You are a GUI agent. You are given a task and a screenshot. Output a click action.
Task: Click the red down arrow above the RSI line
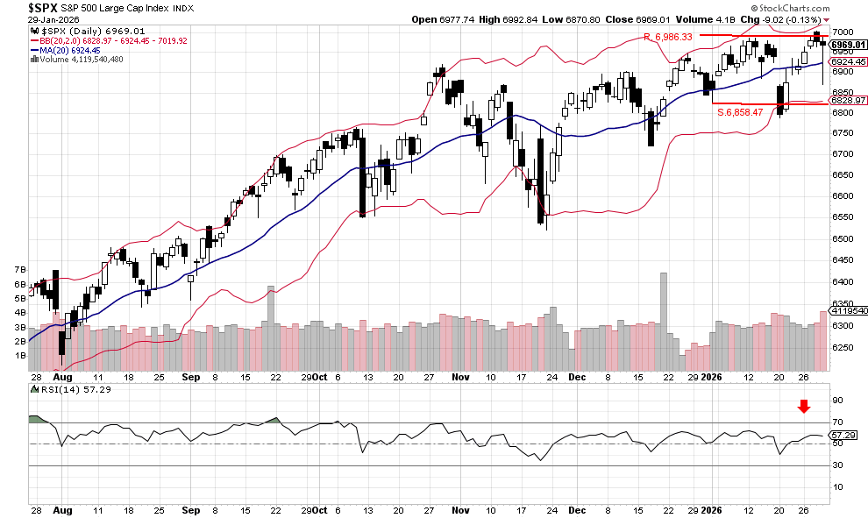pos(803,406)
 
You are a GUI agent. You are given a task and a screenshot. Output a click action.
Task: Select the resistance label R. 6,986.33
pos(668,37)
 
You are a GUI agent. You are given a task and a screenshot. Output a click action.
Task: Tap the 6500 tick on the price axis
pos(842,238)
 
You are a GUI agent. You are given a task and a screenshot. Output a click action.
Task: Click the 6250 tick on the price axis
pos(842,348)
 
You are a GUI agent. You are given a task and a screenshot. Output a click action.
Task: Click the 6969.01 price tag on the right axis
pos(848,44)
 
